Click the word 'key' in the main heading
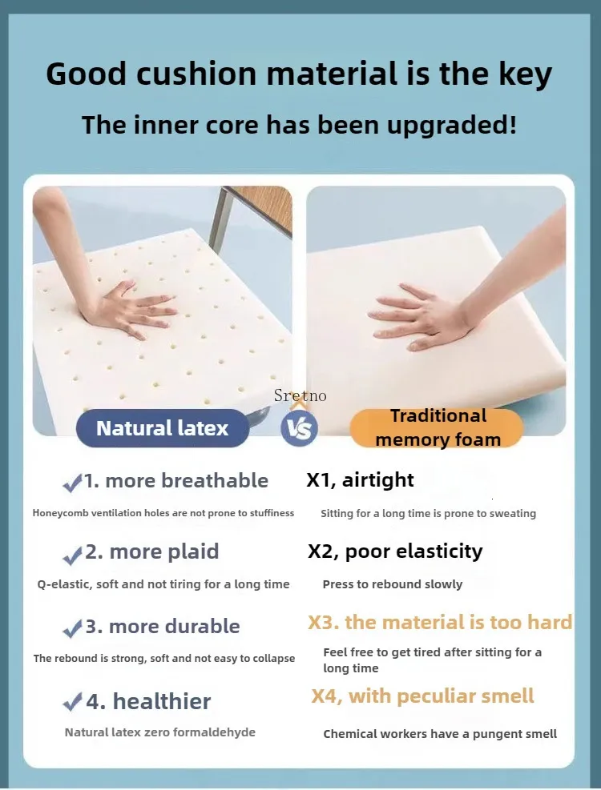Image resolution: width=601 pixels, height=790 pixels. tap(526, 74)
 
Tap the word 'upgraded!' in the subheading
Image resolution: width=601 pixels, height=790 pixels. tap(452, 125)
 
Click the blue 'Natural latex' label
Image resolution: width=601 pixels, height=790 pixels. tap(163, 428)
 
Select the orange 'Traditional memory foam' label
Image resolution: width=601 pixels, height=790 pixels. tap(437, 428)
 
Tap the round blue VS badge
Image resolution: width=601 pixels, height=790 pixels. tap(299, 429)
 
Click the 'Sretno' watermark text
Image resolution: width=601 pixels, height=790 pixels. tap(300, 395)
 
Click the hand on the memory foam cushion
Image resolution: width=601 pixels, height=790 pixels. tap(419, 315)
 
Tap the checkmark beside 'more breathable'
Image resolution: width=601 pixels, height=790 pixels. tap(72, 483)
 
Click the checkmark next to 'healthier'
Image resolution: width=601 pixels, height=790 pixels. tap(72, 702)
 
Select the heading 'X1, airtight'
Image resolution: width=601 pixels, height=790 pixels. tap(361, 479)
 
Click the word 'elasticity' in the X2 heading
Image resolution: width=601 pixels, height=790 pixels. tap(439, 551)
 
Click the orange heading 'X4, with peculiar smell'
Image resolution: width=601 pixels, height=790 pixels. tap(422, 696)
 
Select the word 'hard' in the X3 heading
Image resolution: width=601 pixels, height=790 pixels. tap(550, 622)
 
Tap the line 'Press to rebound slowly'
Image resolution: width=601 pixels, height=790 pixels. tap(393, 584)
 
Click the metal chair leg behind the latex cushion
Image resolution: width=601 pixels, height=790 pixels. tap(221, 219)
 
